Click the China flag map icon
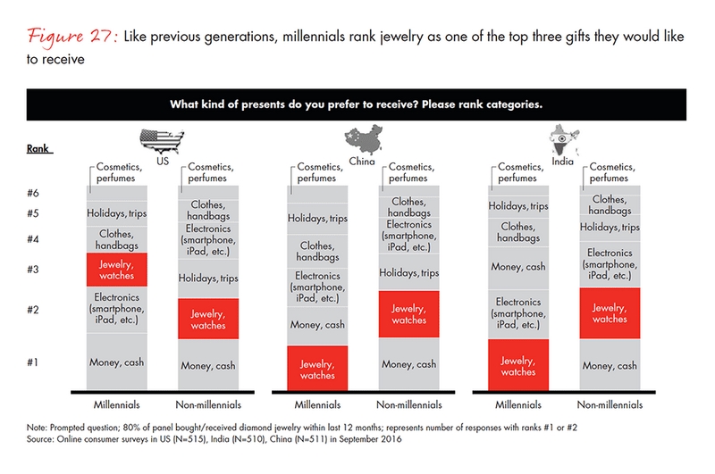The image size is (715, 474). (366, 139)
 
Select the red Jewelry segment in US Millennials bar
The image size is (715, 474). (117, 269)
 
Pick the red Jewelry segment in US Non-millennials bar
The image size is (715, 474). (209, 319)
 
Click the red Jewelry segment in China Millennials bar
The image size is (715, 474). (317, 369)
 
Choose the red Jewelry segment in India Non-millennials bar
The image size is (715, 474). (610, 312)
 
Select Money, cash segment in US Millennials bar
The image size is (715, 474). (117, 362)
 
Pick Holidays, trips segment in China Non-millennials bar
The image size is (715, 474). (409, 272)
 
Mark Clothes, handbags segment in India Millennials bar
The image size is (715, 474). (518, 232)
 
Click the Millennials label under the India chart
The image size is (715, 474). (518, 403)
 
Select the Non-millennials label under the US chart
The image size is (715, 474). (209, 403)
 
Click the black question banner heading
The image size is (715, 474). (357, 104)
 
